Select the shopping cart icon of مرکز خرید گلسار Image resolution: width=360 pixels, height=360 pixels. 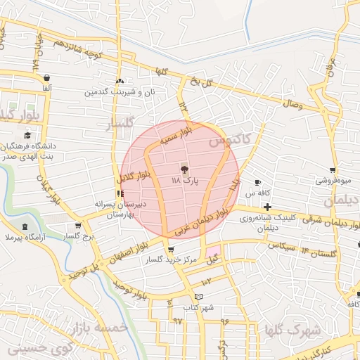click(170, 250)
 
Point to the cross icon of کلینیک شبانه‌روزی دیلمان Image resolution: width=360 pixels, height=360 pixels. click(268, 207)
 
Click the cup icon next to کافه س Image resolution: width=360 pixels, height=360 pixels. click(257, 183)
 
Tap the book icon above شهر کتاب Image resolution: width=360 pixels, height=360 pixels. click(205, 282)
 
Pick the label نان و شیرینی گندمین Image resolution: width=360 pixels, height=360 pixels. click(120, 92)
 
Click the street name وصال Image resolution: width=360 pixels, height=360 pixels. click(292, 104)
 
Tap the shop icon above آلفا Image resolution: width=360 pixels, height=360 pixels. click(46, 77)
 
